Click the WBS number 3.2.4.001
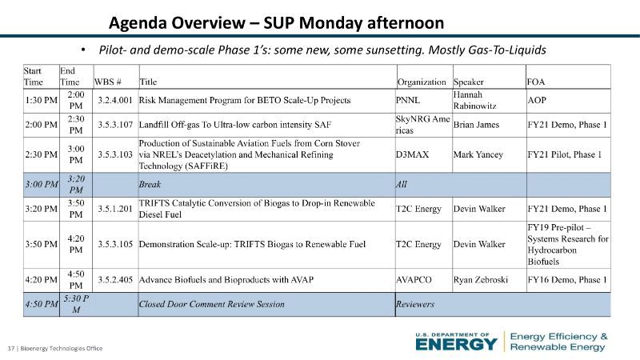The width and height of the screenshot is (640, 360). pos(115,101)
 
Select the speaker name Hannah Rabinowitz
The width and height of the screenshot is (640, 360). pos(474,101)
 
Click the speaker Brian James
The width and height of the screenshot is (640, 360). pos(476,125)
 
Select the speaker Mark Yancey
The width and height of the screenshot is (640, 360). pos(478,154)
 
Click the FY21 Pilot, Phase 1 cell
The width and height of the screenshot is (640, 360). pos(565,154)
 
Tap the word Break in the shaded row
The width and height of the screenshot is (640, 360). pos(150,185)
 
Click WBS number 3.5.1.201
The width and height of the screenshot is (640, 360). pos(115,209)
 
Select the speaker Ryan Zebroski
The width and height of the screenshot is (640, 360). pos(481,280)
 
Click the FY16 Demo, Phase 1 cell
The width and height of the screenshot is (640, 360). pos(567,280)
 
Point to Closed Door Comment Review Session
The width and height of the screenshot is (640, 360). pos(211,304)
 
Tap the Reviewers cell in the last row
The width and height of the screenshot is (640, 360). pos(415,304)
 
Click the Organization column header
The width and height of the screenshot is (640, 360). pos(422,82)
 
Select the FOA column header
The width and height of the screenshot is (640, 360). pos(535,82)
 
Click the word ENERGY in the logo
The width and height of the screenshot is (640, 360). pos(457,345)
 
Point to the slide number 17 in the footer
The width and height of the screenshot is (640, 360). pos(11,348)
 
